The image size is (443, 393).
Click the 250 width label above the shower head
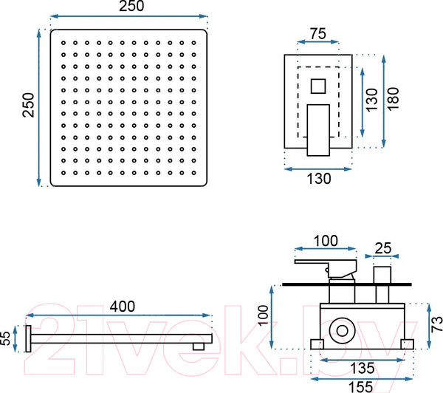(x=128, y=7)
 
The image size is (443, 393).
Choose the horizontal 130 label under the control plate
(x=317, y=177)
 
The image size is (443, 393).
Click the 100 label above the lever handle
(x=324, y=240)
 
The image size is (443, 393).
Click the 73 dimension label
(x=436, y=322)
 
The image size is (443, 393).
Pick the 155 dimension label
(x=362, y=384)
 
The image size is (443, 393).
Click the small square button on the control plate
(x=318, y=86)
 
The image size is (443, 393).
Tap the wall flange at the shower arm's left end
(x=30, y=338)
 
